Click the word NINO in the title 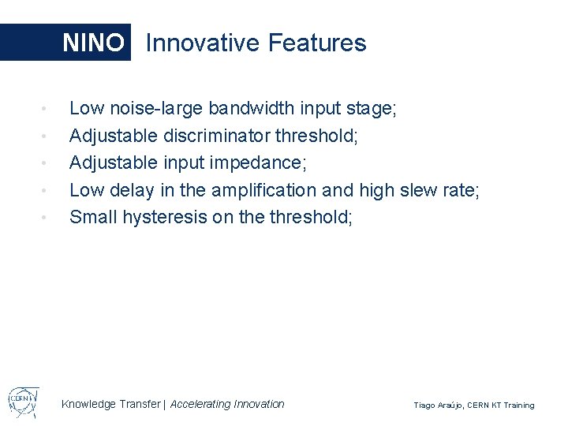tap(93, 43)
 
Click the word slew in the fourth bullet tap(427, 190)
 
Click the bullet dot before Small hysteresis tap(47, 217)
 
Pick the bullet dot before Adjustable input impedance tap(47, 163)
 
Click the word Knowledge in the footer tap(88, 404)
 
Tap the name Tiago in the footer tap(426, 405)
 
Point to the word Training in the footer tap(518, 405)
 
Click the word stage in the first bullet tap(370, 109)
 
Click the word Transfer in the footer tap(138, 404)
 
